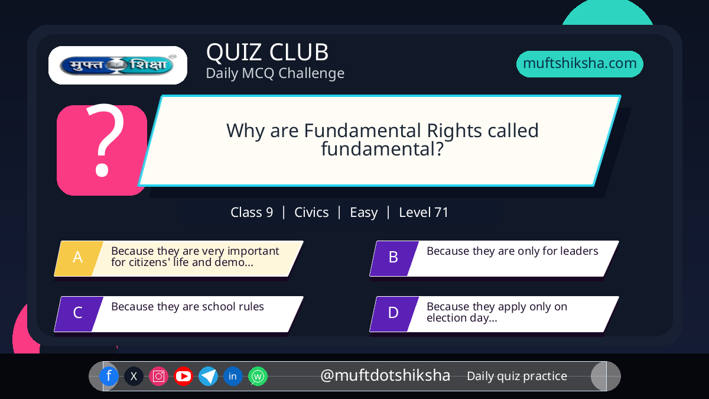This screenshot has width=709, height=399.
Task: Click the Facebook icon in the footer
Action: [109, 376]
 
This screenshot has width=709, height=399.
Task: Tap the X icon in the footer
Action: [134, 376]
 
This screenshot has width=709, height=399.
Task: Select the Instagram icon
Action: [158, 376]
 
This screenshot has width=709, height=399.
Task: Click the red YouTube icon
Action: [183, 376]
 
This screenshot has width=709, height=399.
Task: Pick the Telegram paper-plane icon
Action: [208, 376]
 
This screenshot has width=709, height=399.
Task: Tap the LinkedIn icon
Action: [233, 376]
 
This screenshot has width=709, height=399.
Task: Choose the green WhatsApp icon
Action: [258, 376]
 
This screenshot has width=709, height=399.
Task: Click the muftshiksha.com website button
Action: [580, 64]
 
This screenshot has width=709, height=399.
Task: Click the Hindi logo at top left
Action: [118, 65]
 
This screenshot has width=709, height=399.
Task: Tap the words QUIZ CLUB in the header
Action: [268, 52]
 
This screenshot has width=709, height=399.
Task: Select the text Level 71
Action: [424, 212]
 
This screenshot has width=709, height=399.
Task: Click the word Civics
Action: [311, 212]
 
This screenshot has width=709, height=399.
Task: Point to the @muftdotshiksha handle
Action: [385, 375]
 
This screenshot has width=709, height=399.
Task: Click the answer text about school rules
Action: [187, 307]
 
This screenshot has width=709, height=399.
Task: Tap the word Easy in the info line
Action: [364, 213]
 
